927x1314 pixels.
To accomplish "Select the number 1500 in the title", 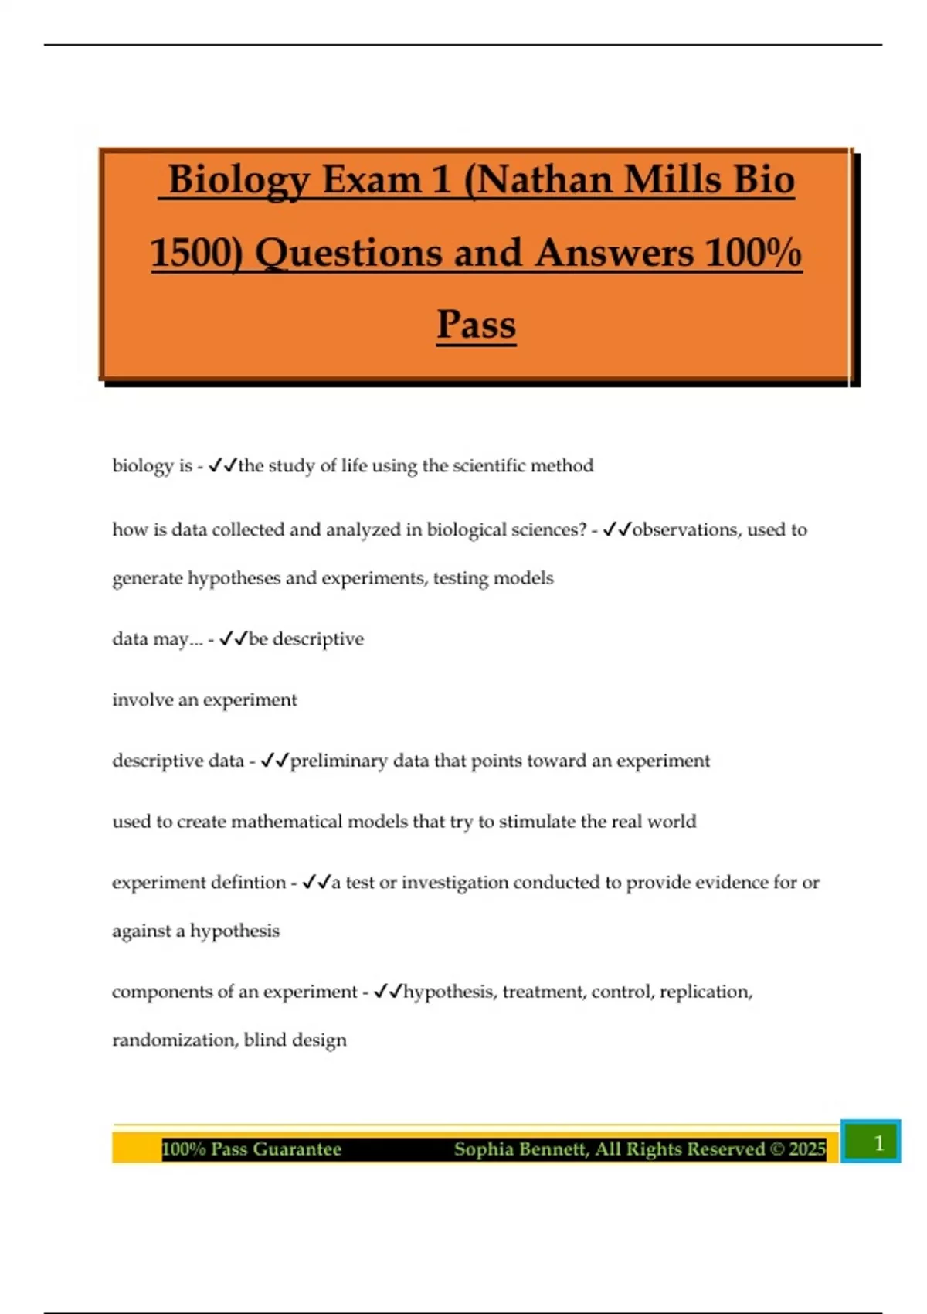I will click(196, 253).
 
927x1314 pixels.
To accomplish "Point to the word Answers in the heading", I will click(614, 253).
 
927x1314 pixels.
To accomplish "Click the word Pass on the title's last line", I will click(476, 324).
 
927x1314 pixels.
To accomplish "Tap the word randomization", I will click(175, 1040).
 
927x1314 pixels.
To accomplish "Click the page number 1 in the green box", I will click(878, 1142).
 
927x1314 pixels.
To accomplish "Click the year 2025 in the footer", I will click(807, 1149).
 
